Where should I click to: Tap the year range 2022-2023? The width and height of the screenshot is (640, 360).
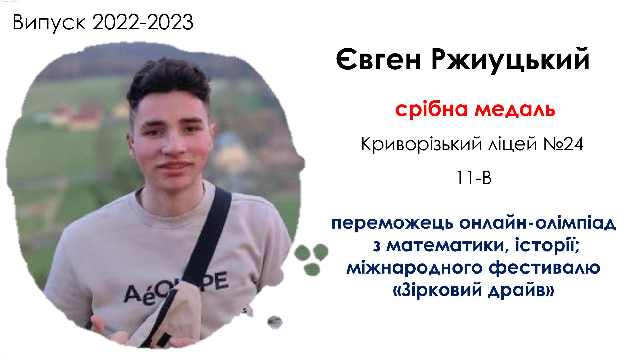(x=143, y=22)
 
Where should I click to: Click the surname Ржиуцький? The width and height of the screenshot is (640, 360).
(x=510, y=60)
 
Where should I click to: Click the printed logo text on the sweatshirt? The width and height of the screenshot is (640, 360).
(x=176, y=288)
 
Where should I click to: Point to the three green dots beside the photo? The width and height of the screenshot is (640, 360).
(x=311, y=259)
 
